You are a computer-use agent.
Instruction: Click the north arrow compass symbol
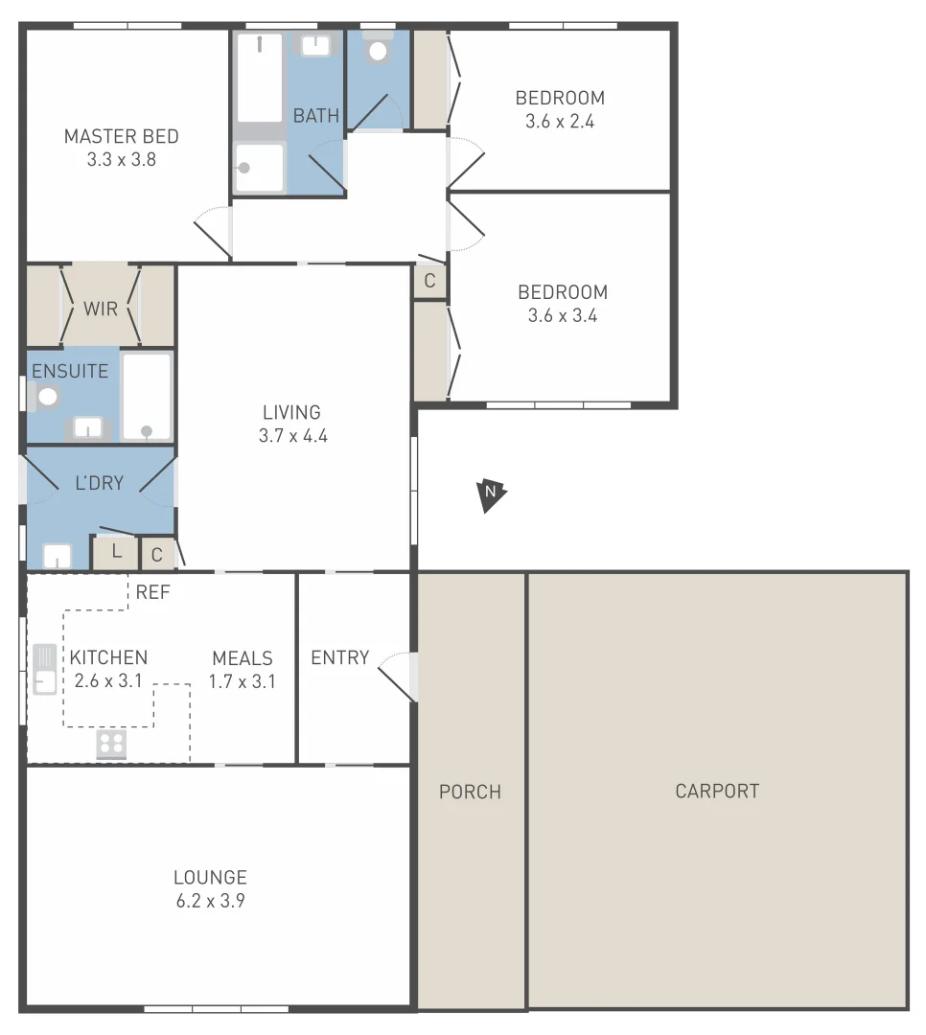click(491, 494)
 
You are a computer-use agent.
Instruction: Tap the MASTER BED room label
click(121, 136)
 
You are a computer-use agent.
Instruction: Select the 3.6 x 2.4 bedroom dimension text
click(560, 122)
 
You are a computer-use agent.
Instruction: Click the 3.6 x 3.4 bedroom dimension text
click(562, 316)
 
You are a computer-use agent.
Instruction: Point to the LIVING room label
click(291, 412)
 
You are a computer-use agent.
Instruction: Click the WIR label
click(101, 309)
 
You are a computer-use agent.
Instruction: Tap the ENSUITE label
click(70, 371)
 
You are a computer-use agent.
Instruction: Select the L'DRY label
click(100, 483)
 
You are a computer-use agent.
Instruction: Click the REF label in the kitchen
click(152, 592)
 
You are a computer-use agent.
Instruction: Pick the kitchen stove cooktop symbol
click(111, 745)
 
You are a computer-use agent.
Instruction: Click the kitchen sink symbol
click(44, 669)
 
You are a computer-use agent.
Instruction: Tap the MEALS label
click(243, 658)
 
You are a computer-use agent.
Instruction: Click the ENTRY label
click(339, 657)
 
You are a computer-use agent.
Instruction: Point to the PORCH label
click(470, 792)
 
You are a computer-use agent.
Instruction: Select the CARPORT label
click(716, 792)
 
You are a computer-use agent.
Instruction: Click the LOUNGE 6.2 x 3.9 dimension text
click(210, 901)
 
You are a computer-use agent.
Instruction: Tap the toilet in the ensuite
click(45, 396)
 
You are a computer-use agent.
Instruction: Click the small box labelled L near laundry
click(116, 551)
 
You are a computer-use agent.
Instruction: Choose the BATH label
click(315, 116)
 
